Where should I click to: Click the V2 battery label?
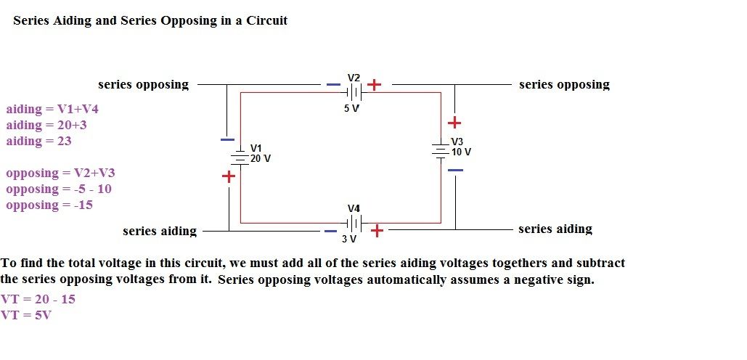coord(354,78)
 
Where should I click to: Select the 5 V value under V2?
coord(352,108)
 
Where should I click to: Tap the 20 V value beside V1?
coord(261,157)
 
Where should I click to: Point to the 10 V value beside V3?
coord(461,152)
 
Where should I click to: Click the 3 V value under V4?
coord(349,239)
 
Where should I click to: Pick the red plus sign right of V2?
coord(374,85)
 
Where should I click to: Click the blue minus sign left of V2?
coord(332,85)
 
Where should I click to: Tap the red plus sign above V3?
coord(454,123)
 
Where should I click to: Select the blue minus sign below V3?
coord(455,170)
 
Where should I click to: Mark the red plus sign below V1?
coord(229,176)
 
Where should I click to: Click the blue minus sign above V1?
coord(228,139)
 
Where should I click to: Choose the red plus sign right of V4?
coord(377,231)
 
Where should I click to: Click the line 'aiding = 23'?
coord(39,142)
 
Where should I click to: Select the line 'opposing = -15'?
coord(49,205)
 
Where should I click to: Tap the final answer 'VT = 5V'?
coord(26,315)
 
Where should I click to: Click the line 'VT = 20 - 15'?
coord(38,299)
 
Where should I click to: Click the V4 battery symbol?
coord(354,221)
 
